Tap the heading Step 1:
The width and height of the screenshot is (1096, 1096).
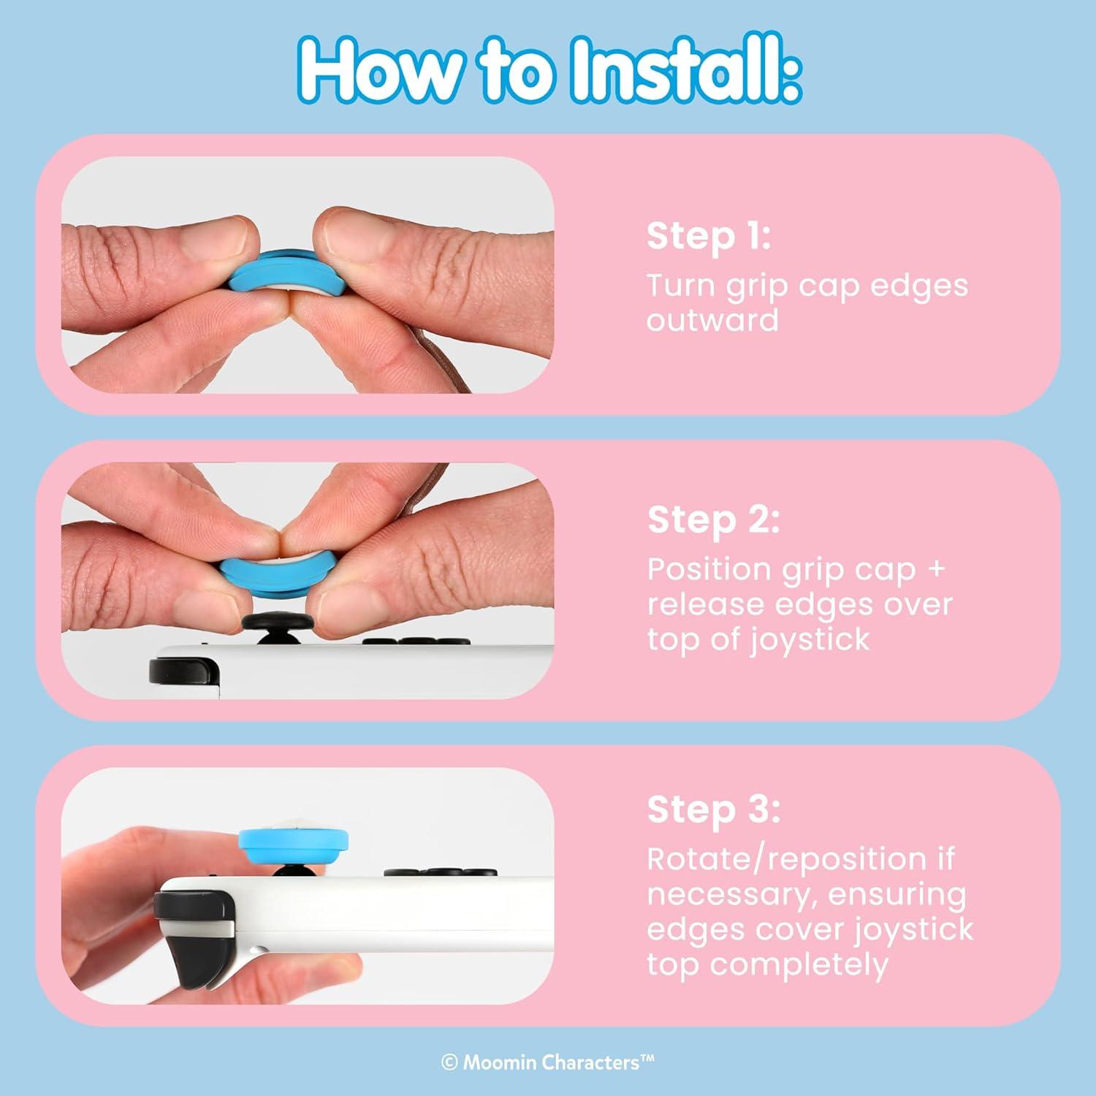point(709,237)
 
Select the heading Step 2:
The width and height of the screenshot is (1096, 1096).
point(714,520)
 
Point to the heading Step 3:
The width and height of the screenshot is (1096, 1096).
point(714,810)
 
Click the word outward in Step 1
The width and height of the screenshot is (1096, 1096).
point(712,321)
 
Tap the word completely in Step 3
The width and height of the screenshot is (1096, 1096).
point(799,966)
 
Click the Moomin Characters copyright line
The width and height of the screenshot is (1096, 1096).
point(548,1062)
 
